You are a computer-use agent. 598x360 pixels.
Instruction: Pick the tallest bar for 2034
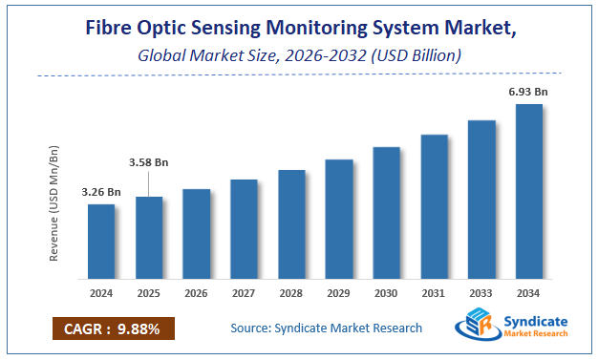tap(529, 190)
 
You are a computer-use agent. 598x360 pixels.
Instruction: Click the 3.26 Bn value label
tap(100, 192)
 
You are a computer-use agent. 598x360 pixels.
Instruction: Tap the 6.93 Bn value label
tap(529, 91)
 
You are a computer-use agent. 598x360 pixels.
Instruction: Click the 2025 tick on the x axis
tap(148, 292)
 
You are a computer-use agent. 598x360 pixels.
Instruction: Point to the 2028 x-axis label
tap(291, 292)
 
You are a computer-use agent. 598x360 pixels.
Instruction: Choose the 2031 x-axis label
tap(434, 292)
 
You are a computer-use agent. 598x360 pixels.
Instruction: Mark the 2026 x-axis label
tap(196, 292)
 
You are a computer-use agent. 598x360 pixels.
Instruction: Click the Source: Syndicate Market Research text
tap(326, 328)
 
